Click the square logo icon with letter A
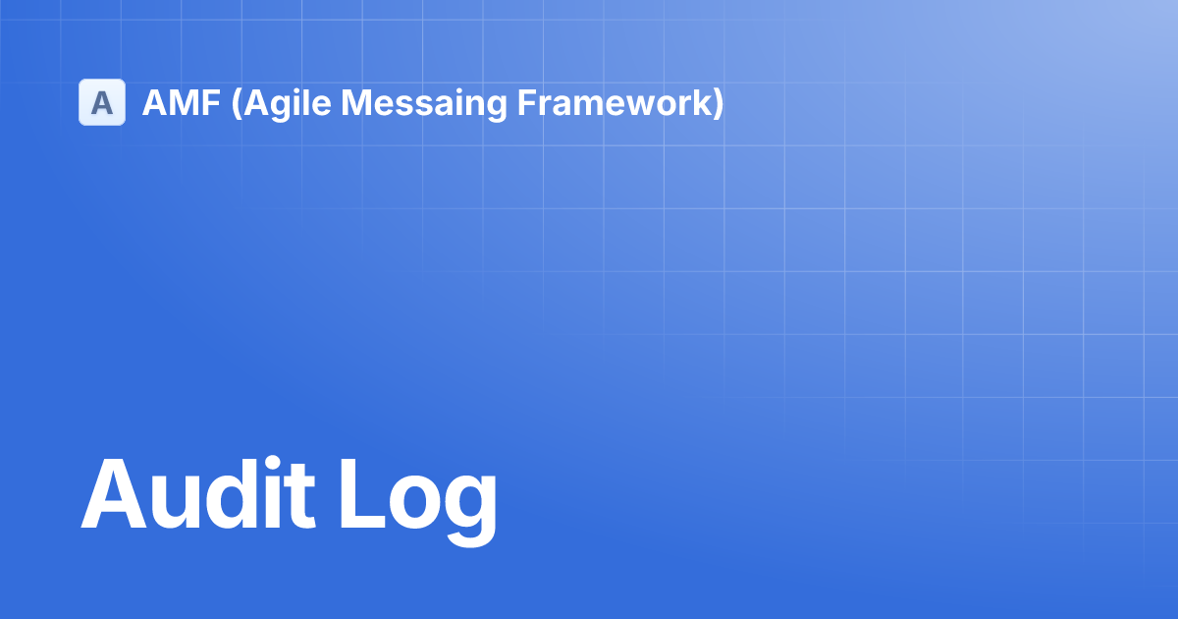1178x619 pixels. click(102, 102)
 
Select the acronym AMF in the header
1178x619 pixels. click(182, 102)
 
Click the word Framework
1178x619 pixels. click(615, 102)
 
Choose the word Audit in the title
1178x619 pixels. click(198, 493)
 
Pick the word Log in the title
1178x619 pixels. click(418, 501)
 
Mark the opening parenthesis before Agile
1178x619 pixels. click(237, 104)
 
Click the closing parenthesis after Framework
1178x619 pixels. click(719, 104)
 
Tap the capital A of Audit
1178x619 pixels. click(114, 493)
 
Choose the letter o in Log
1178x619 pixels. click(415, 502)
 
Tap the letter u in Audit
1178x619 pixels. click(175, 502)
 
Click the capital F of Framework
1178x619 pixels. click(527, 102)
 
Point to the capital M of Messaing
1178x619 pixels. click(357, 102)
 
